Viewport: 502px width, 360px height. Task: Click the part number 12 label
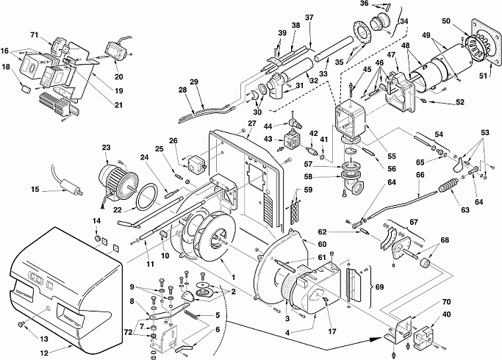click(44, 353)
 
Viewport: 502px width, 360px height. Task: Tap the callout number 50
click(446, 21)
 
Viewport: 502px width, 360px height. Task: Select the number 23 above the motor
click(106, 148)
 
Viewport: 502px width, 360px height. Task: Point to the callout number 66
click(420, 176)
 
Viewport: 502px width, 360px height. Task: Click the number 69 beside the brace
click(379, 286)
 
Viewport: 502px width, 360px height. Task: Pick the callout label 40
click(446, 314)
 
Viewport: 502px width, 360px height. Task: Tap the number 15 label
click(35, 189)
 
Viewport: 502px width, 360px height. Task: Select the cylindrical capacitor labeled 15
click(68, 187)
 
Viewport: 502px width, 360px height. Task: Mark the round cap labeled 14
click(98, 238)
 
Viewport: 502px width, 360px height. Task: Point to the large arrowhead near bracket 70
click(377, 339)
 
